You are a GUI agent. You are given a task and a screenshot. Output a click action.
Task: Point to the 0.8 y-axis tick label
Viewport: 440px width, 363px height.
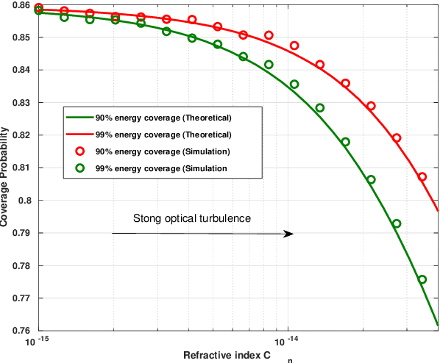[x=25, y=201]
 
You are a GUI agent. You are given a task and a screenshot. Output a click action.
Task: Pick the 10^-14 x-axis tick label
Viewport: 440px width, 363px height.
[x=287, y=342]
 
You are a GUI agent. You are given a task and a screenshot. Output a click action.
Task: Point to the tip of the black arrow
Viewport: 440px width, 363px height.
[x=294, y=234]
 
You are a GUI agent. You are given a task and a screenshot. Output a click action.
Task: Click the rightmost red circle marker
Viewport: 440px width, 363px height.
[x=422, y=177]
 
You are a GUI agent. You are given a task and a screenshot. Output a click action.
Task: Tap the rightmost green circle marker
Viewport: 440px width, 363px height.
[x=422, y=279]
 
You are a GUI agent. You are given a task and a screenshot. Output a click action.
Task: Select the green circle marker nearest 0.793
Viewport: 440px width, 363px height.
[x=397, y=223]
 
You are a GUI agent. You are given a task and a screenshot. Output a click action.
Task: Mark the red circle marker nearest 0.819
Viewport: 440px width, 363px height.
[x=397, y=138]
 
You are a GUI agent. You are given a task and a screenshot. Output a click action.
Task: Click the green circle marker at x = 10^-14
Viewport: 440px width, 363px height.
[x=294, y=85]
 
